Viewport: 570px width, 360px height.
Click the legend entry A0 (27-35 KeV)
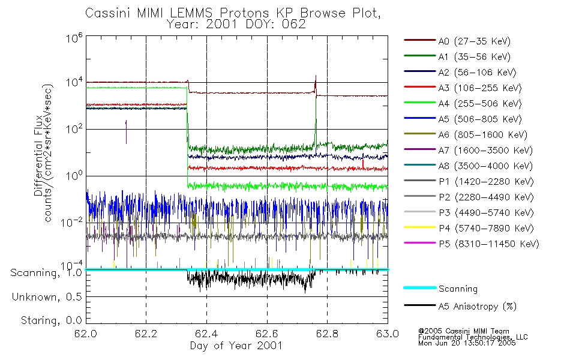coord(457,41)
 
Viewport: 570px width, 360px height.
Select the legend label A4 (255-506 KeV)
coord(463,104)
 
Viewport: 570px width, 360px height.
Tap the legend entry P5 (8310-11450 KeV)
coord(472,244)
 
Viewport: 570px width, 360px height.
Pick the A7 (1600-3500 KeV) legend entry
coord(468,150)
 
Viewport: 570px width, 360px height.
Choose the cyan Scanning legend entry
coord(440,289)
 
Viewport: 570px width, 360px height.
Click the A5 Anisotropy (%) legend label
coord(460,306)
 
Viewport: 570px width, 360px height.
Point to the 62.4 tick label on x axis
coord(206,334)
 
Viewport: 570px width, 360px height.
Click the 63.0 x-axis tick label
coord(388,334)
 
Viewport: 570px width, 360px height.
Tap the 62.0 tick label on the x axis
coord(86,334)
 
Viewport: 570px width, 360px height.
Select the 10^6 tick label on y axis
coord(74,38)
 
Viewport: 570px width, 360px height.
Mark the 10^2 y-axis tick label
coord(74,128)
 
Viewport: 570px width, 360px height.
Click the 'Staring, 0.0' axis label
coord(51,320)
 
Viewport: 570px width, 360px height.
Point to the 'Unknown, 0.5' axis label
coord(47,297)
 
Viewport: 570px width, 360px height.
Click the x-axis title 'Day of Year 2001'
coord(236,346)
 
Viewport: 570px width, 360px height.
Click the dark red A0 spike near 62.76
coord(316,85)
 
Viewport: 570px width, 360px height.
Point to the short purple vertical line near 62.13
coord(126,132)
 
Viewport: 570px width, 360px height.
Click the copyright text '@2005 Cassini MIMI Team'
coord(463,331)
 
